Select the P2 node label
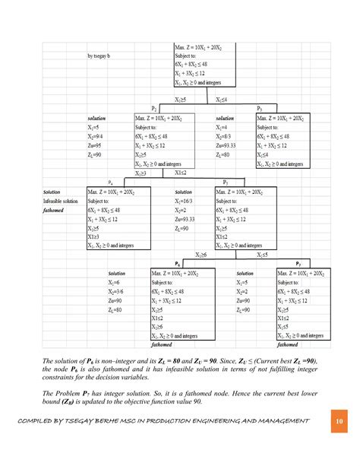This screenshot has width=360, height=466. pyautogui.click(x=154, y=109)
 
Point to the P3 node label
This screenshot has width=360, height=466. pyautogui.click(x=260, y=109)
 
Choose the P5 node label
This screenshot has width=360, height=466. pyautogui.click(x=226, y=182)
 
